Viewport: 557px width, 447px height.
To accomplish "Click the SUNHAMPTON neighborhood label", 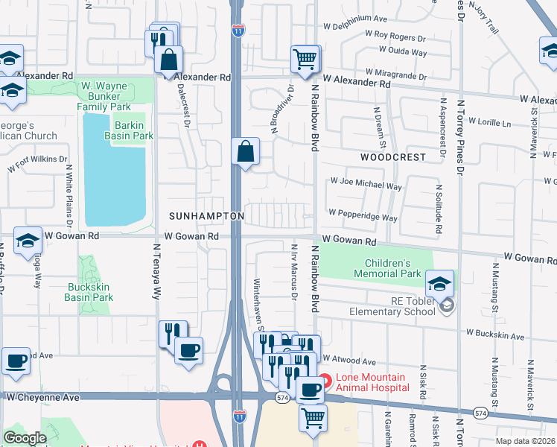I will (x=206, y=215).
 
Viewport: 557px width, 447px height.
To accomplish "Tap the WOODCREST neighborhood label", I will (x=393, y=158).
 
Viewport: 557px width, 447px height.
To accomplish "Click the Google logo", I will (x=25, y=438).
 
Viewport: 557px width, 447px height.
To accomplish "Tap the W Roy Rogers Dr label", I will (x=395, y=35).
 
